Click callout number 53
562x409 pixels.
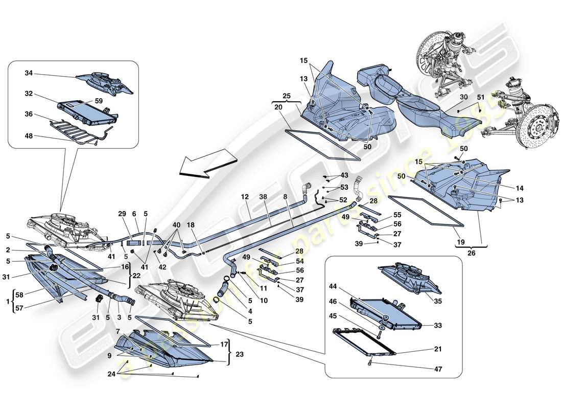(344, 187)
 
